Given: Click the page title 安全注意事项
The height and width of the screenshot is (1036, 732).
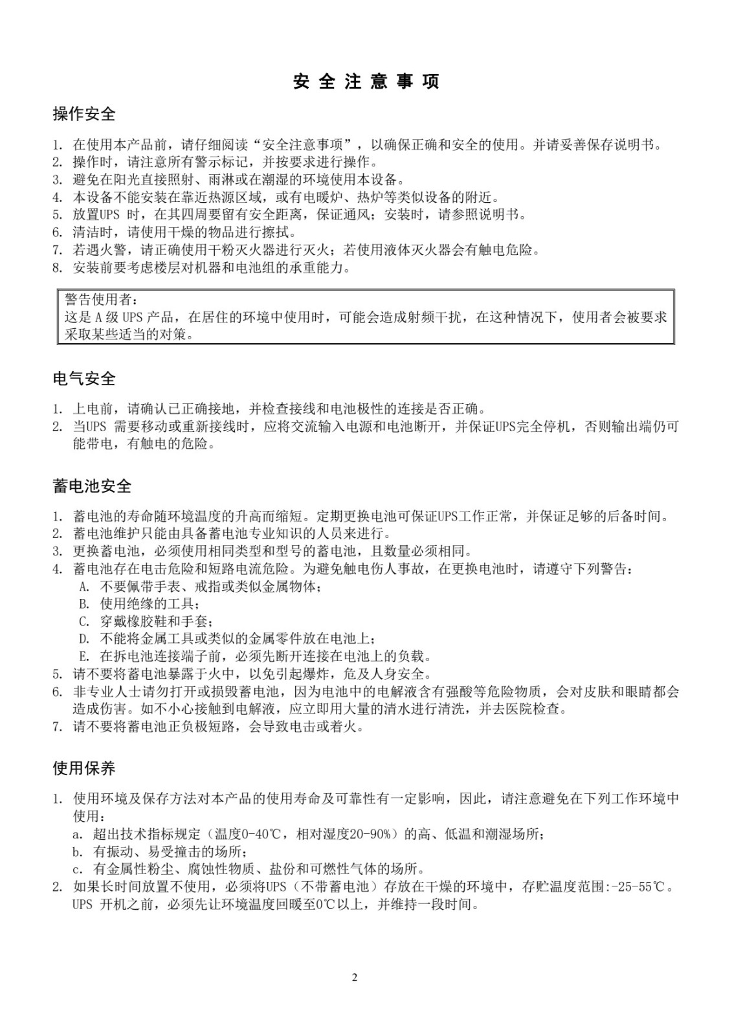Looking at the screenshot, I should pyautogui.click(x=366, y=82).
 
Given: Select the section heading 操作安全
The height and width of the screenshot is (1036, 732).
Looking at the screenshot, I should pyautogui.click(x=84, y=115).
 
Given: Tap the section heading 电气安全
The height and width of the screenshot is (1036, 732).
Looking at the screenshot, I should pyautogui.click(x=84, y=377).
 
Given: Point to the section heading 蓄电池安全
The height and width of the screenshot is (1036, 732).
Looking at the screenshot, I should pyautogui.click(x=92, y=486).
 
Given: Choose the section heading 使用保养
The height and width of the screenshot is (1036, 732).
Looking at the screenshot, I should pyautogui.click(x=84, y=769).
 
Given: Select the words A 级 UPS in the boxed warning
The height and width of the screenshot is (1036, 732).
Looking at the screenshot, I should pyautogui.click(x=123, y=317).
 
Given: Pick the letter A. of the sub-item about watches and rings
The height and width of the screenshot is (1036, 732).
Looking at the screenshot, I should pyautogui.click(x=84, y=587).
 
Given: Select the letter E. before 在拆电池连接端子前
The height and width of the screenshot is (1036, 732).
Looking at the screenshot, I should pyautogui.click(x=84, y=656).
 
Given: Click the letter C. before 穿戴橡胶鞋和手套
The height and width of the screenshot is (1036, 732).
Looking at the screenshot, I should pyautogui.click(x=84, y=622).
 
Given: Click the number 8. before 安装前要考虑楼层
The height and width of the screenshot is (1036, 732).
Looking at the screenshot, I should pyautogui.click(x=58, y=267).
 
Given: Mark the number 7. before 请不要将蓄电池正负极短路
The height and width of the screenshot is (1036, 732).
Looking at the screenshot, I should pyautogui.click(x=58, y=726).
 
